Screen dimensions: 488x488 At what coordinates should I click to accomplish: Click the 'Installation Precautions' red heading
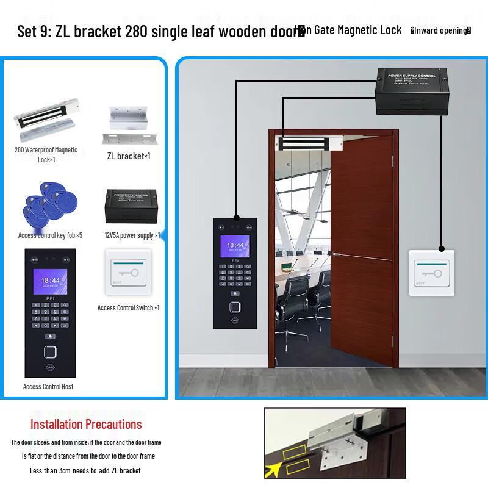click(x=86, y=424)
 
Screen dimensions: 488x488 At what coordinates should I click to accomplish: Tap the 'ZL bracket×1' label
click(x=129, y=156)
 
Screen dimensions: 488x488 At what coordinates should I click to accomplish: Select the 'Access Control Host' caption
click(x=48, y=386)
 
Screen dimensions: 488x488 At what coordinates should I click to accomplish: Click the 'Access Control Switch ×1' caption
click(x=128, y=308)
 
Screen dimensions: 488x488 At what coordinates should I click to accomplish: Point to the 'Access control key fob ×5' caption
click(x=50, y=235)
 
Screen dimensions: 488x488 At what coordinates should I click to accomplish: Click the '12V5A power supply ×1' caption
click(x=132, y=235)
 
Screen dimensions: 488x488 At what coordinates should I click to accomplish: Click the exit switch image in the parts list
click(x=128, y=274)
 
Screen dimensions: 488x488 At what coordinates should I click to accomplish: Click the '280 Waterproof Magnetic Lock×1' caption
click(x=46, y=154)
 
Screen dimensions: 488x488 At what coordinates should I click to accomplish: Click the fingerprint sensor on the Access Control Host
click(x=50, y=353)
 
